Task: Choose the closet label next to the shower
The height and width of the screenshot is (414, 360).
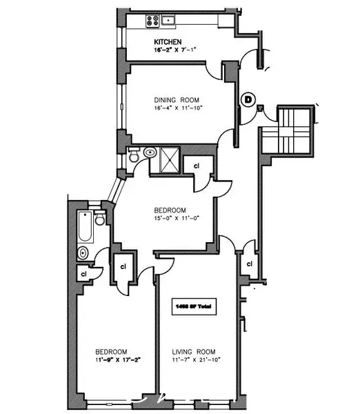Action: coord(196,166)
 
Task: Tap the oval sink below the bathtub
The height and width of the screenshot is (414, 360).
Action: coord(83,253)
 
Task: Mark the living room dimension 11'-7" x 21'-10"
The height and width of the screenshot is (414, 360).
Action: coord(195,359)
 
